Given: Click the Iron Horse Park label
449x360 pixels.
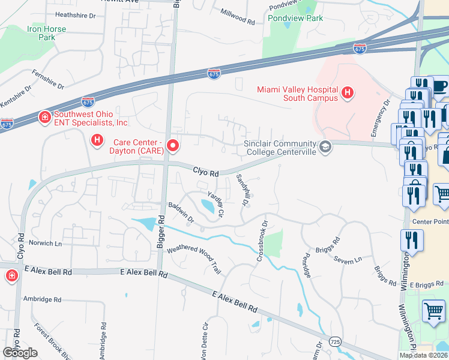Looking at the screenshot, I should point(41,32).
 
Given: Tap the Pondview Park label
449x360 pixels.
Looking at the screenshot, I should point(295,19).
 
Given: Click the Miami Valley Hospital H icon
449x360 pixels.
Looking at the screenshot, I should point(347,92).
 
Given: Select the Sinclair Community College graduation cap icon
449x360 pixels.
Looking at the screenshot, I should point(325,147).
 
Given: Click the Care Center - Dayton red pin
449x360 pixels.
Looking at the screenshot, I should point(173,146).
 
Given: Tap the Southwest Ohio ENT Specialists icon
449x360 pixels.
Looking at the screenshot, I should point(44,117).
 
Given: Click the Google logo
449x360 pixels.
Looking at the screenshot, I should point(20,353).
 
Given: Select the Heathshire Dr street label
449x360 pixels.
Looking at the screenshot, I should point(75,14).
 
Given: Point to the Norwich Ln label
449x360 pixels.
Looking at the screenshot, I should point(46,244).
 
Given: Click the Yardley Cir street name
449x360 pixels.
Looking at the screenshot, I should point(215,203).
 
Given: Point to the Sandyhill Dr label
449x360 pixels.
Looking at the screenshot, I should point(242,190).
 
